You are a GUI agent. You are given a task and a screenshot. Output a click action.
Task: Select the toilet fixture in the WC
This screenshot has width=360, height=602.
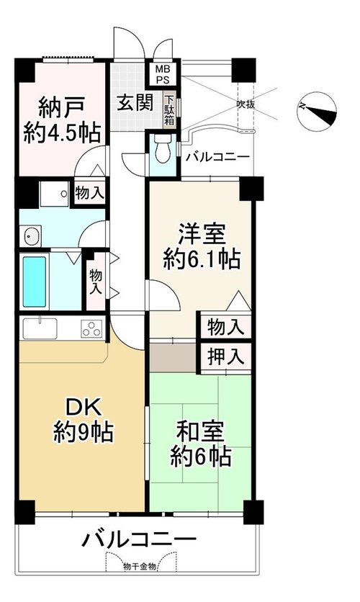161,150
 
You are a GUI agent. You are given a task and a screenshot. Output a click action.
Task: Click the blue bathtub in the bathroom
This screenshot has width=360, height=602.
35,282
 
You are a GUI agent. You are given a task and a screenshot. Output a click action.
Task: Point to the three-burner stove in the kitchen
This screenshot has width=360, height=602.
91,328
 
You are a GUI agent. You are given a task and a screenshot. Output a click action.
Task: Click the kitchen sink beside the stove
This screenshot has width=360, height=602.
40,328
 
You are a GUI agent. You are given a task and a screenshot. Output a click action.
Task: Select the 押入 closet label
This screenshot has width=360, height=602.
226,356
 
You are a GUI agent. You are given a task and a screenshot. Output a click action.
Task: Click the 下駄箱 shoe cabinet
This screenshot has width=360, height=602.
169,109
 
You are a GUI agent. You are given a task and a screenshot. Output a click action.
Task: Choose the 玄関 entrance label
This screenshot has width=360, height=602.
135,102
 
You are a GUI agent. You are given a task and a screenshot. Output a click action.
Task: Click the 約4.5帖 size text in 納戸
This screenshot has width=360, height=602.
62,133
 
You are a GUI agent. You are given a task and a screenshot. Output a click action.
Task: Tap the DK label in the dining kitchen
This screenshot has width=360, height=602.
84,408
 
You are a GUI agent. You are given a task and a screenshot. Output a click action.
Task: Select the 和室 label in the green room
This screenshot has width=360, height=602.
200,431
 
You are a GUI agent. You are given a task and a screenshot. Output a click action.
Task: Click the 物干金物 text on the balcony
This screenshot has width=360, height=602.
140,566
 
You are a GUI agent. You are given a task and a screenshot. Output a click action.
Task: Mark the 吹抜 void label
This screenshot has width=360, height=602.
246,104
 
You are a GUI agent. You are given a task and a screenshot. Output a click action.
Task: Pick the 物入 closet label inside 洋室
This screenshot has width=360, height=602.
226,328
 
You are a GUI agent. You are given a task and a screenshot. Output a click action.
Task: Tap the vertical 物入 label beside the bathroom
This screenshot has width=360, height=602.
96,282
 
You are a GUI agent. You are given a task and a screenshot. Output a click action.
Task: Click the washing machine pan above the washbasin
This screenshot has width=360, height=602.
54,194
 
